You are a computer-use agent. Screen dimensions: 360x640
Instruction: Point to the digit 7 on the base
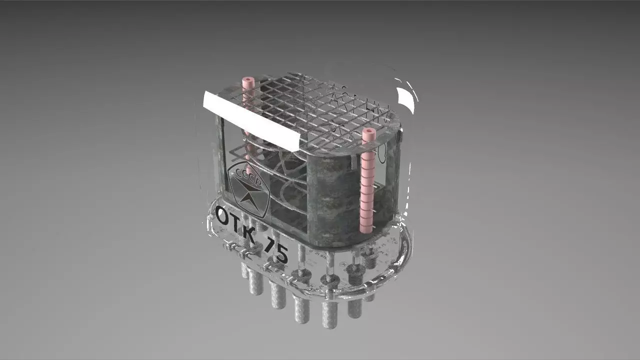[271, 245]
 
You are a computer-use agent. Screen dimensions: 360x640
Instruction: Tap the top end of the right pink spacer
[368, 132]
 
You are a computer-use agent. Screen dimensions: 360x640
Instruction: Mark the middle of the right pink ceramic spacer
[367, 182]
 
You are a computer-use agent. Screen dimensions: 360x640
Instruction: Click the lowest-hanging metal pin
[329, 315]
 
